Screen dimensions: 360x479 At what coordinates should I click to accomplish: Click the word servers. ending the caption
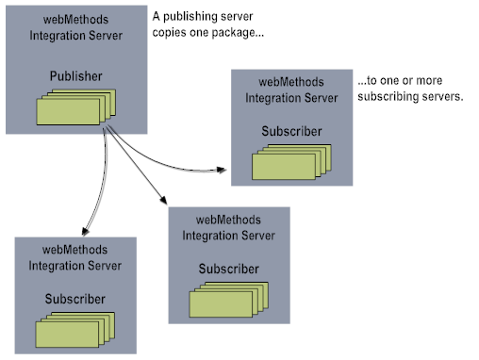pos(439,97)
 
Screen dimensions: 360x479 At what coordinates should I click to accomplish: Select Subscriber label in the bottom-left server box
pos(75,300)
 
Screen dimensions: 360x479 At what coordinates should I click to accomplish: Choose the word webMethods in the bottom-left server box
pos(75,250)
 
